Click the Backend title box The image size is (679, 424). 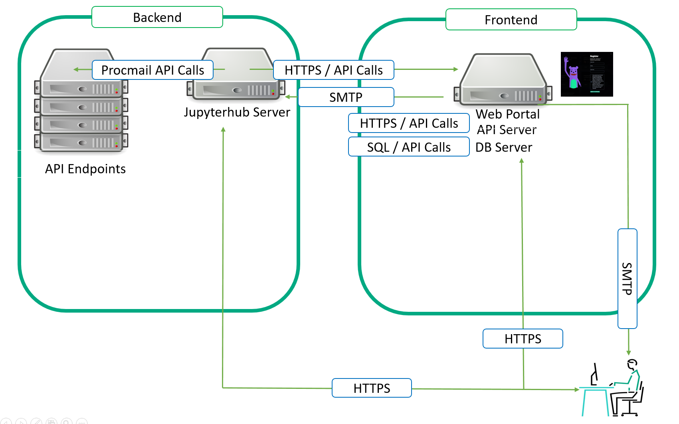coord(157,17)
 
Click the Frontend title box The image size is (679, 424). coord(511,20)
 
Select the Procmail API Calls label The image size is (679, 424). coord(152,70)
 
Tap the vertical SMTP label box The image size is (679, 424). coord(627,278)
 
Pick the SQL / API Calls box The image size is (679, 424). coord(409,147)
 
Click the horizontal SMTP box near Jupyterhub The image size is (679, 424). coord(346,97)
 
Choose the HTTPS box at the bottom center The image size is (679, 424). coord(372,388)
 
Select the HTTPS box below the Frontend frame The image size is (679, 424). coord(523,339)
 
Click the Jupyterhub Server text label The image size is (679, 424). coord(237,112)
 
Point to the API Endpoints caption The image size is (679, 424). coord(85,169)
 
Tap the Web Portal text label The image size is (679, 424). coord(507,114)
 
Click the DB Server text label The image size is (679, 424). coord(504,147)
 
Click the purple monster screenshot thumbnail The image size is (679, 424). coord(586,74)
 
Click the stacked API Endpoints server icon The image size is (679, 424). coord(81,101)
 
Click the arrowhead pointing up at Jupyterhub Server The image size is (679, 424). coord(223,129)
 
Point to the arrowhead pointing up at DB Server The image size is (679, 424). coord(521,160)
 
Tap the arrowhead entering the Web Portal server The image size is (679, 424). coord(456,69)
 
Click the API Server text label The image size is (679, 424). coord(507,130)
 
